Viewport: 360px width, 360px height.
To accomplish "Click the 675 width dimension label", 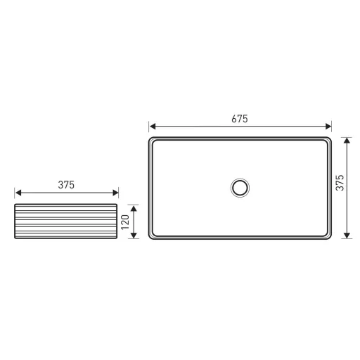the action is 240,119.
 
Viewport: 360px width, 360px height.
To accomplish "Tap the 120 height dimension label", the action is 125,222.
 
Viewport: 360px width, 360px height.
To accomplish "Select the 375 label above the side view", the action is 66,185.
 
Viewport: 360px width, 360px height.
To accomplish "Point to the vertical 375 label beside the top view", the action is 340,183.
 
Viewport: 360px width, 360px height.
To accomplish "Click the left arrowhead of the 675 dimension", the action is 153,127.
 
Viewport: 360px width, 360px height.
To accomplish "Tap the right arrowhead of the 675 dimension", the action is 328,127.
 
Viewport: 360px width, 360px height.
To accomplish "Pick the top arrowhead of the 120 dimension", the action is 134,209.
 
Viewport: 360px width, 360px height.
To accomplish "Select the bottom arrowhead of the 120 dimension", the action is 134,235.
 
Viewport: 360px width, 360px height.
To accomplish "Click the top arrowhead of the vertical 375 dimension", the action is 347,141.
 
